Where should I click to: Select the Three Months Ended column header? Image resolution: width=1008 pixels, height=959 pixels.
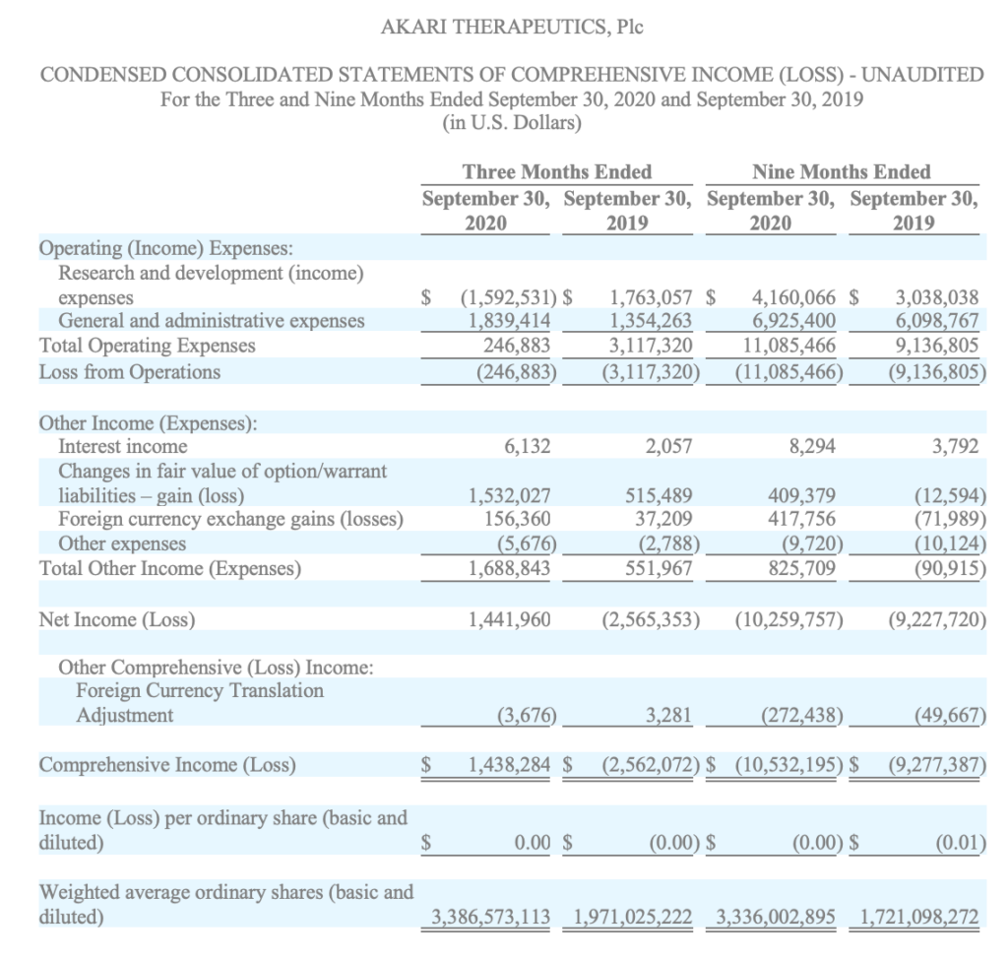(x=556, y=172)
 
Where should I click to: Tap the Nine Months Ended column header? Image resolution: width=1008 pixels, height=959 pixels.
(x=841, y=172)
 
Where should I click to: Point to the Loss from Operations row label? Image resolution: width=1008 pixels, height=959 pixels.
(x=129, y=371)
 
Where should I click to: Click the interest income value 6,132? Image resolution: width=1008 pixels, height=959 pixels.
(x=527, y=446)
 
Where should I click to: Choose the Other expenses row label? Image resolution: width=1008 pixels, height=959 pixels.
(x=123, y=543)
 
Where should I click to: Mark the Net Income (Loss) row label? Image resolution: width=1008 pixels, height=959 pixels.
(x=116, y=619)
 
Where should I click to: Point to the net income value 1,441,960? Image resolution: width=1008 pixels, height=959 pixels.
(x=511, y=619)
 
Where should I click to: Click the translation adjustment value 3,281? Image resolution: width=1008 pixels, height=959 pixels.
(x=672, y=715)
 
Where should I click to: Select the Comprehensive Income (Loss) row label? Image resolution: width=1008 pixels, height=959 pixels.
(x=167, y=764)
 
